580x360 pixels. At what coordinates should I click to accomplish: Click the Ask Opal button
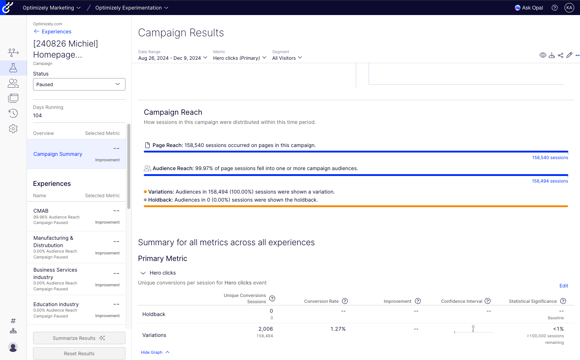coord(529,8)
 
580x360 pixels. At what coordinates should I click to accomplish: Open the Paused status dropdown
coord(79,84)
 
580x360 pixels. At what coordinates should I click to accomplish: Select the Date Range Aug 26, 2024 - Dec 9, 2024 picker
coord(172,58)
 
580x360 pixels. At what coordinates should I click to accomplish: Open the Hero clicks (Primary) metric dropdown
coord(240,58)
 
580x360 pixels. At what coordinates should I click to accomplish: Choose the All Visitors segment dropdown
coord(287,58)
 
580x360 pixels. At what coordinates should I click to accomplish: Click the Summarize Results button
coord(79,338)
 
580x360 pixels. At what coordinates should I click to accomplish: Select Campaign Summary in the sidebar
coord(58,154)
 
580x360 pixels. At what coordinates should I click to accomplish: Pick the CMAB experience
coord(41,211)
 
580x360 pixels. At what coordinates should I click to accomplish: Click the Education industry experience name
coord(56,304)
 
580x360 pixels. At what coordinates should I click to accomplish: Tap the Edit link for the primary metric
coord(563,286)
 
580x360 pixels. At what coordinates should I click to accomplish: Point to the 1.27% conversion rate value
coord(338,329)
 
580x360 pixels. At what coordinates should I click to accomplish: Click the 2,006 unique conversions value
coord(266,329)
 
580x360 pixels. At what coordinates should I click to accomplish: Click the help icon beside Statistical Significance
coord(563,301)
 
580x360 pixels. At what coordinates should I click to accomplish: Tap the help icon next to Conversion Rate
coord(345,301)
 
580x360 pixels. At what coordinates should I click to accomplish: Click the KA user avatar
coord(569,8)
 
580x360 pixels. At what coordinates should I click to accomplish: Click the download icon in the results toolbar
coord(552,55)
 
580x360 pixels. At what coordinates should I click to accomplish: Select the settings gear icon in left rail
coord(13,129)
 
